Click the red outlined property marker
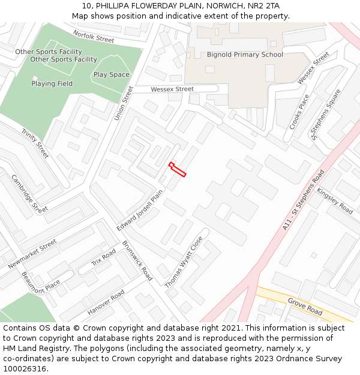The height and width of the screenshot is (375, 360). (x=177, y=169)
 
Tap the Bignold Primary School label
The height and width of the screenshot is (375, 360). (x=245, y=55)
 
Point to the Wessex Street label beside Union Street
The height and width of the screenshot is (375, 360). (x=172, y=89)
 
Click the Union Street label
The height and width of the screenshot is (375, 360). (x=124, y=103)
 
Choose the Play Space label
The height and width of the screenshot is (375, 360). (x=111, y=75)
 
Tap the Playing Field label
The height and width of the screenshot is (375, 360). (x=52, y=84)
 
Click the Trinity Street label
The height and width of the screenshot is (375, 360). (x=35, y=143)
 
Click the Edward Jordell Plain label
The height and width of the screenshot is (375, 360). (x=140, y=211)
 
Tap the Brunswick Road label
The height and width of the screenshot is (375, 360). (x=137, y=260)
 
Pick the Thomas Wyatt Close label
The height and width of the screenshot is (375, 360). (x=184, y=262)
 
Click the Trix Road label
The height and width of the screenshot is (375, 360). (x=103, y=258)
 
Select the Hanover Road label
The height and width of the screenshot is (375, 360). (x=106, y=302)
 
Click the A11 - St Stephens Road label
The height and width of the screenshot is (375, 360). (x=303, y=200)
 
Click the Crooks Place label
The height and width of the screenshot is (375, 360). (x=299, y=112)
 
